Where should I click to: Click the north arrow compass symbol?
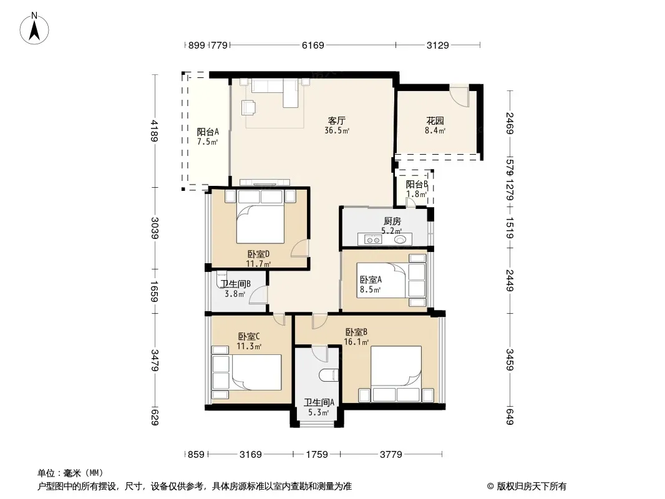(x=34, y=29)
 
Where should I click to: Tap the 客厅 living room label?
(x=337, y=121)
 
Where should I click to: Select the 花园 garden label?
(x=435, y=121)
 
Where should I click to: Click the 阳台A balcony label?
(x=208, y=132)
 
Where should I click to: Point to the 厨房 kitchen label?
(x=392, y=221)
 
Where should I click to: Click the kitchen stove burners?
(x=372, y=240)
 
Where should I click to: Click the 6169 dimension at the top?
(x=313, y=45)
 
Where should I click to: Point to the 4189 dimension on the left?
(x=154, y=131)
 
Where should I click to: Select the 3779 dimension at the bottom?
(x=391, y=455)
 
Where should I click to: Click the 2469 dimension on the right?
(x=510, y=124)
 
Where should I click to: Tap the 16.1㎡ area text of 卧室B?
(x=356, y=342)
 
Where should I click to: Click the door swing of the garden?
(x=459, y=95)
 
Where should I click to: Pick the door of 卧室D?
(x=300, y=248)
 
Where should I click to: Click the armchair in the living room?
(x=248, y=107)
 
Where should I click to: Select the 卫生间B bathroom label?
(x=235, y=284)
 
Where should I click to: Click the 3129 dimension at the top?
(x=437, y=45)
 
